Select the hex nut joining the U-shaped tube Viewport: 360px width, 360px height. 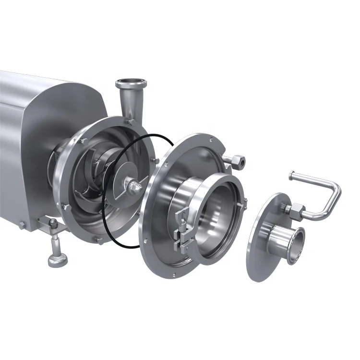296,210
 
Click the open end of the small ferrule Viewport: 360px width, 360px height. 296,246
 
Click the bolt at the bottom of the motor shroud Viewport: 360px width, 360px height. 22,225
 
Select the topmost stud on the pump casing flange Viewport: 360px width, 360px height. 131,122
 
